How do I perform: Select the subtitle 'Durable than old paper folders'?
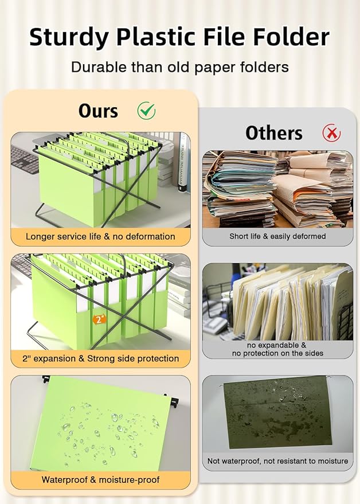click(179, 67)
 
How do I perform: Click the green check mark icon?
click(146, 110)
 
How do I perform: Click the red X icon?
click(331, 133)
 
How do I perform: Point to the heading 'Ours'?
click(98, 110)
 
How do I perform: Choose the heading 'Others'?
click(274, 133)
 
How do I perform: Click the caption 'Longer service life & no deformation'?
click(100, 236)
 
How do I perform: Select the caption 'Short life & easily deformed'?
click(277, 236)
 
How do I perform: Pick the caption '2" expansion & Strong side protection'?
click(100, 358)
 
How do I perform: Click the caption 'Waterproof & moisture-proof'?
click(100, 479)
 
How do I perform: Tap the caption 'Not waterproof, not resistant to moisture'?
click(277, 461)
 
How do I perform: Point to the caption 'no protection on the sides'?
click(277, 354)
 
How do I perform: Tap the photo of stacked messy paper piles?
click(277, 189)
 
